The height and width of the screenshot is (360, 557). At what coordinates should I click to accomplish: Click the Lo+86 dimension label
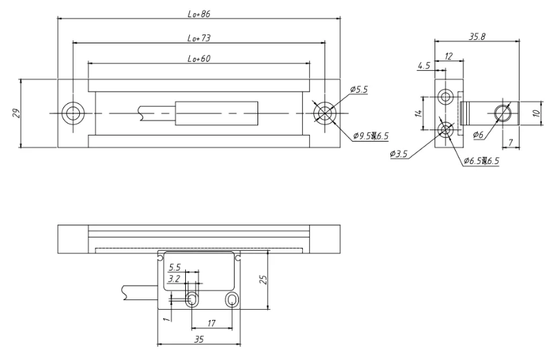(199, 14)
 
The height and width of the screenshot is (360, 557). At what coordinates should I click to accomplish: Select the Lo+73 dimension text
(199, 38)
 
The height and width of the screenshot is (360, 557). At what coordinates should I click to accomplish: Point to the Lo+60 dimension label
(199, 59)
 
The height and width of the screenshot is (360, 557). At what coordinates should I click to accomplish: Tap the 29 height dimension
(17, 113)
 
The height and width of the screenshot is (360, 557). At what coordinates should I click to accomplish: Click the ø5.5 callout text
(359, 89)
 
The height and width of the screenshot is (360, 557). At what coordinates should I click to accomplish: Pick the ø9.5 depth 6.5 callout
(371, 136)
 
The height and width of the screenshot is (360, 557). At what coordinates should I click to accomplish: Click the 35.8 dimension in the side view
(476, 36)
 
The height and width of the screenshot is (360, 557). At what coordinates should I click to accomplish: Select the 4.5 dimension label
(424, 65)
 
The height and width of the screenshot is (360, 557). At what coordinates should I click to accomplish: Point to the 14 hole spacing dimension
(419, 113)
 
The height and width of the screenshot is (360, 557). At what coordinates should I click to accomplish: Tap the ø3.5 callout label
(399, 153)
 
